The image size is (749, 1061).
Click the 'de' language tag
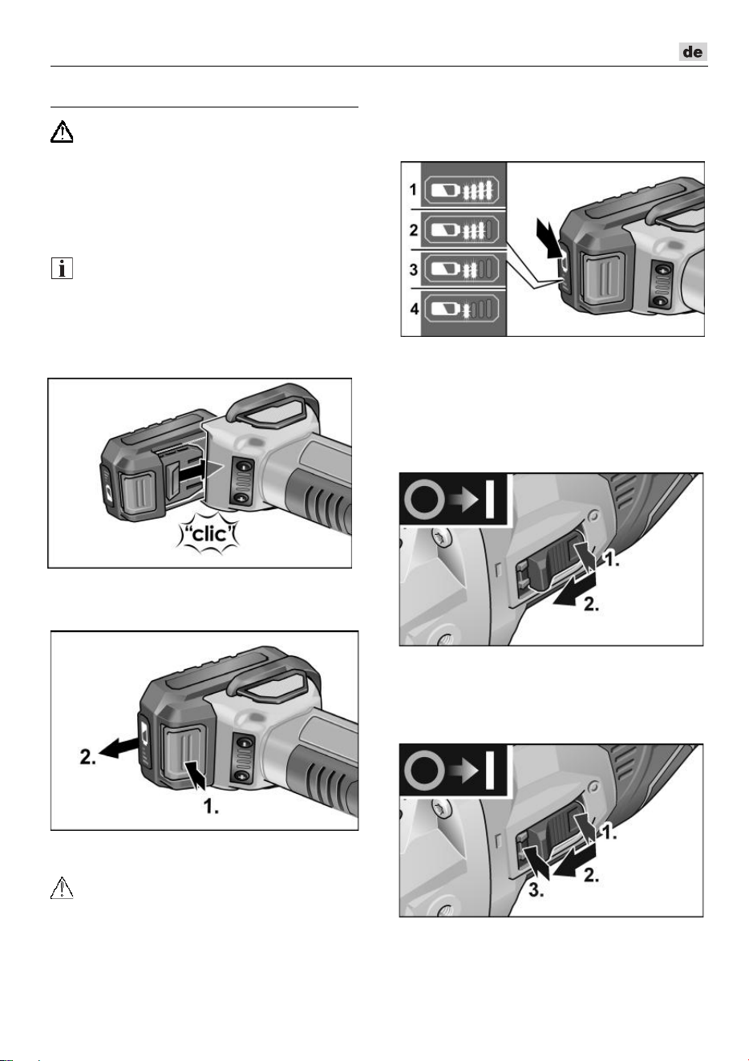tap(693, 51)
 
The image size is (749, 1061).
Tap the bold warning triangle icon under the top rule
tap(62, 132)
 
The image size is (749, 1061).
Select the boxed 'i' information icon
tap(62, 268)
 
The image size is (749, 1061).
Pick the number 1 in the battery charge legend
tap(413, 190)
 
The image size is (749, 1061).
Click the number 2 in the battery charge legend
tap(414, 230)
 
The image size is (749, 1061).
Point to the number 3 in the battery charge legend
tap(414, 269)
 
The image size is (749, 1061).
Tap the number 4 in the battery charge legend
tap(414, 310)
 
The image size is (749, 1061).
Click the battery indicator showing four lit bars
tap(461, 191)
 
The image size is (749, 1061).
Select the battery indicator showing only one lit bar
tap(461, 310)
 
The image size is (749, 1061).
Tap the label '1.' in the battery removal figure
tap(211, 806)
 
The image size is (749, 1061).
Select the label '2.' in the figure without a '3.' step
tap(591, 605)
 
